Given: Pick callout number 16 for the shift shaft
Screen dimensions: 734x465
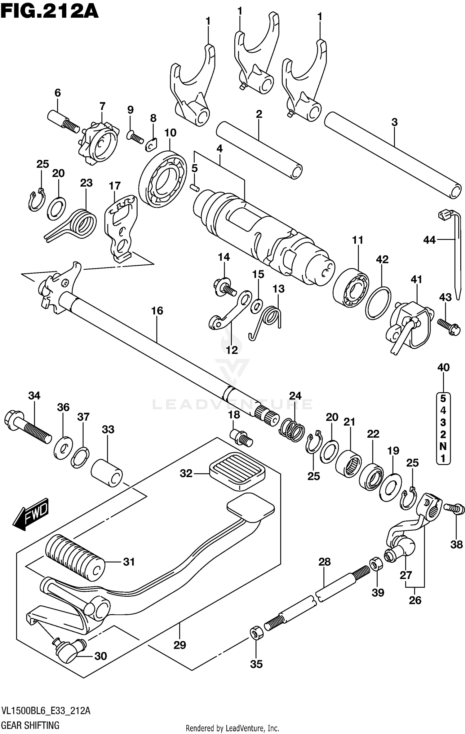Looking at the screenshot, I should tap(157, 311).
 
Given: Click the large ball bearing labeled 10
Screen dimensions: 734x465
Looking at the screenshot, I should tap(163, 179).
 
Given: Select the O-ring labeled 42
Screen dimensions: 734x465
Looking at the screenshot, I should tap(378, 303).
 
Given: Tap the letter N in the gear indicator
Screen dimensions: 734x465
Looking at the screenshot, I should tap(443, 446).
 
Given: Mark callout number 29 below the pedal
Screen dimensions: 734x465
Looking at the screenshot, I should tap(179, 645).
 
